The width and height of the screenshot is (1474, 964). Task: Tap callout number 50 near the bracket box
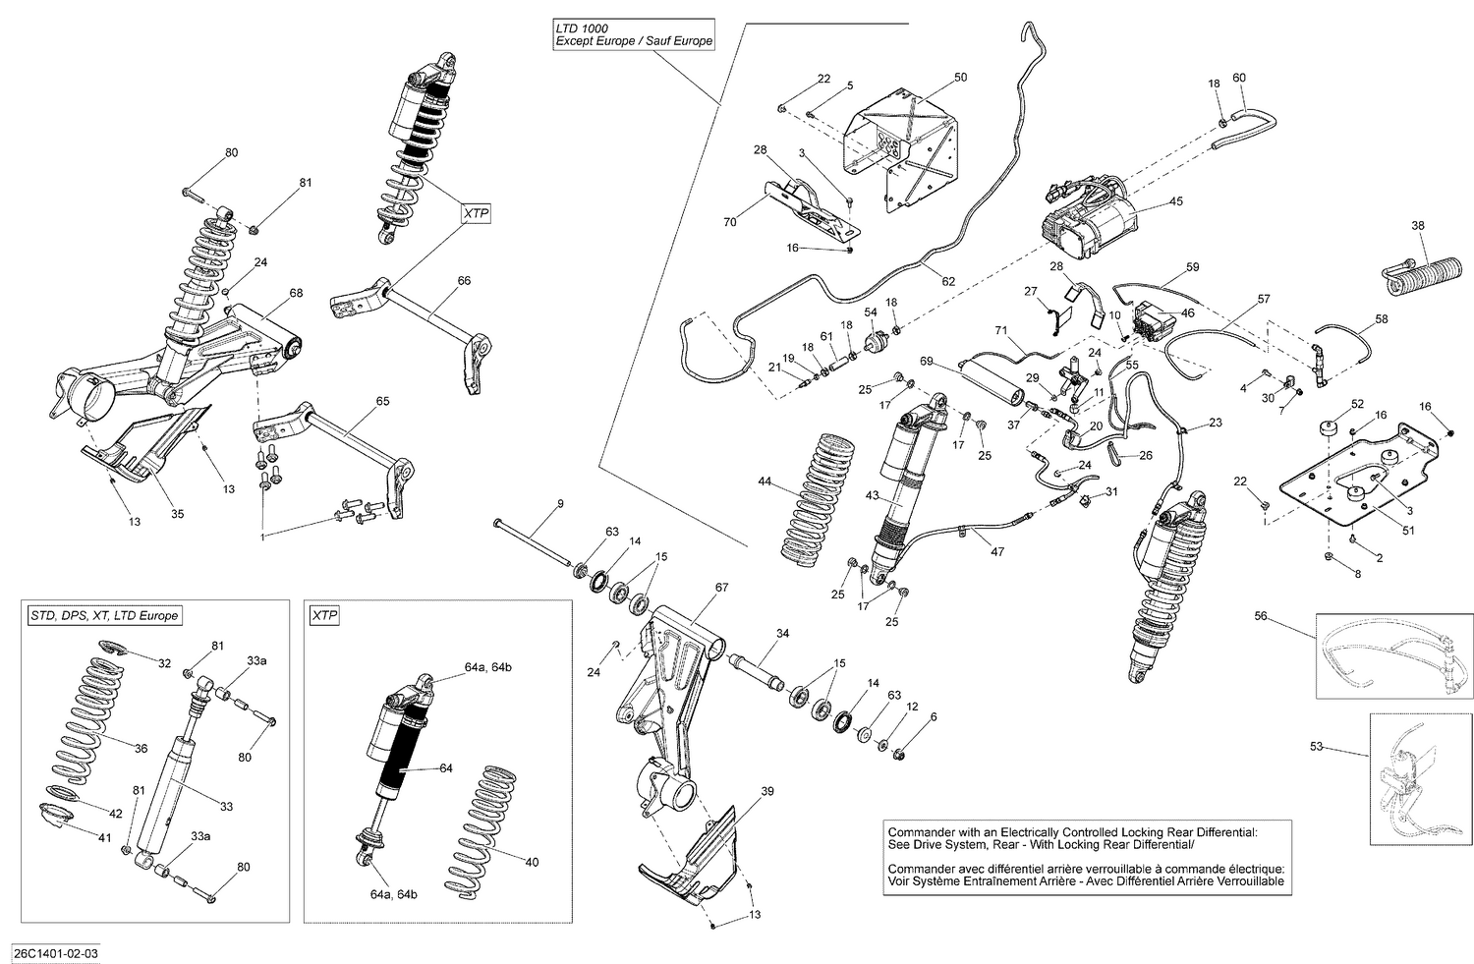click(960, 77)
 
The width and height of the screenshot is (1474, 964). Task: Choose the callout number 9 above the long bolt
click(559, 504)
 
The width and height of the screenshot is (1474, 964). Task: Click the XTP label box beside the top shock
click(476, 212)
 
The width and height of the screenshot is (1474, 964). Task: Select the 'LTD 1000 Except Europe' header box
click(633, 35)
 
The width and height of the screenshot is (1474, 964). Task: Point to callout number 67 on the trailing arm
click(721, 587)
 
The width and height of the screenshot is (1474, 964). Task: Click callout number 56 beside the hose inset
click(1262, 616)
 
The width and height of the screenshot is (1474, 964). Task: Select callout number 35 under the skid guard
click(177, 513)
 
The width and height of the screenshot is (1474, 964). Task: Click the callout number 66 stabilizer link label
click(464, 280)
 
